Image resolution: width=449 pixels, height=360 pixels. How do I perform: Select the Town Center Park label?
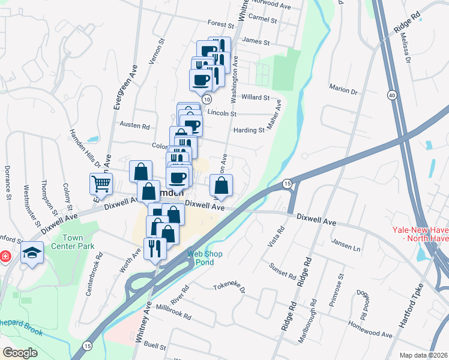pyautogui.click(x=80, y=242)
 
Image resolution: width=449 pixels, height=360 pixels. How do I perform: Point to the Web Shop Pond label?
pyautogui.click(x=205, y=259)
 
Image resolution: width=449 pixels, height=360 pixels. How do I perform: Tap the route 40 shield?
pyautogui.click(x=391, y=95)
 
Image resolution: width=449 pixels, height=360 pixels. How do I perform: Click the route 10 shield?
pyautogui.click(x=206, y=98)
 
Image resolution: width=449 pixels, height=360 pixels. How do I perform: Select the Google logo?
pyautogui.click(x=20, y=352)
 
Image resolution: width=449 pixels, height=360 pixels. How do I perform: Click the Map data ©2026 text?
pyautogui.click(x=424, y=355)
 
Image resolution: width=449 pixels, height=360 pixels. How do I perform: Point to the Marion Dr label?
pyautogui.click(x=343, y=89)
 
